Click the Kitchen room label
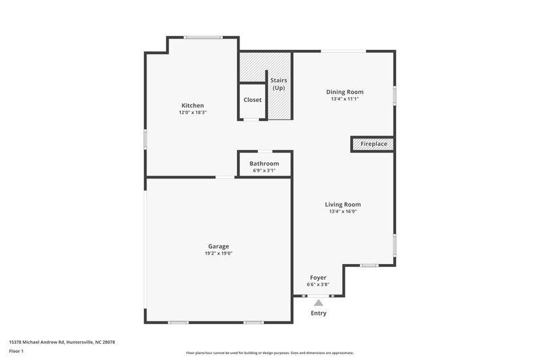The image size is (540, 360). click(192, 105)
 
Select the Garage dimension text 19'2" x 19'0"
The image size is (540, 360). click(218, 253)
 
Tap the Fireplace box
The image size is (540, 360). click(372, 145)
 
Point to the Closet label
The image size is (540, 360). click(252, 100)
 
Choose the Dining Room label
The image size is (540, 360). click(344, 92)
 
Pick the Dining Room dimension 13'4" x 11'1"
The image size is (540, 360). click(344, 99)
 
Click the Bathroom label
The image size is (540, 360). click(264, 163)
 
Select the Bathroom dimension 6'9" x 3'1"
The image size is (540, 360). click(264, 171)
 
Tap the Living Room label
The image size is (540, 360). click(343, 205)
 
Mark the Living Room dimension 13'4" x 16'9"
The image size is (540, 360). click(343, 212)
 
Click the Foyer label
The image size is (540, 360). click(318, 278)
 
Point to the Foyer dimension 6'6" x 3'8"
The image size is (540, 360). click(318, 285)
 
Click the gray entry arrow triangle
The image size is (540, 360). click(319, 303)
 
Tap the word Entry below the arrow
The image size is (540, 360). click(319, 313)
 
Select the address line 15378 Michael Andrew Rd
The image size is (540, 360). click(62, 342)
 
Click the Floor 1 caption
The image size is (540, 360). click(16, 352)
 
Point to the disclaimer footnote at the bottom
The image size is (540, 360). click(270, 353)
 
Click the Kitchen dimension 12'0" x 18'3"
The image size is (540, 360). click(192, 113)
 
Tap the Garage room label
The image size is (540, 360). click(218, 246)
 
